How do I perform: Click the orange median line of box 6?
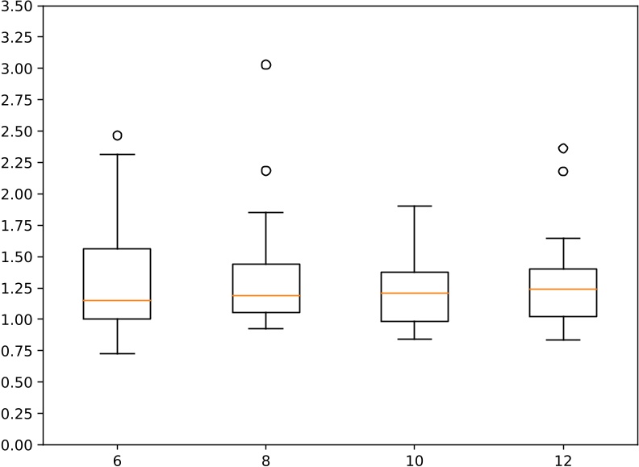(117, 300)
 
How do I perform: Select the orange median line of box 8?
(265, 295)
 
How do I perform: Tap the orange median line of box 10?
(414, 293)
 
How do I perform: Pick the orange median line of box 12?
(562, 289)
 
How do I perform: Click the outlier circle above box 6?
(117, 136)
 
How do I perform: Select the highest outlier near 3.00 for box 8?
(265, 65)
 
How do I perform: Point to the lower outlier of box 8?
(265, 171)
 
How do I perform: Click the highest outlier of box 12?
(562, 148)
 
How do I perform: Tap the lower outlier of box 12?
(562, 171)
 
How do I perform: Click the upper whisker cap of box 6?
(117, 154)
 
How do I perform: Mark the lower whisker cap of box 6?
(117, 353)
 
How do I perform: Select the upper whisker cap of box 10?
(414, 206)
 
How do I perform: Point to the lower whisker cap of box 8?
(265, 328)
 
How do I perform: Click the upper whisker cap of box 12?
(562, 238)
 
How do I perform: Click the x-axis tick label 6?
(117, 457)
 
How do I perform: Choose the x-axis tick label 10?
(414, 457)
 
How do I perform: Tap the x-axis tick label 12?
(562, 457)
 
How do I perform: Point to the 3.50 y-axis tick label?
(18, 6)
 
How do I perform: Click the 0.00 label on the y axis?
(18, 444)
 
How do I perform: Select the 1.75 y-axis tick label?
(18, 226)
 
